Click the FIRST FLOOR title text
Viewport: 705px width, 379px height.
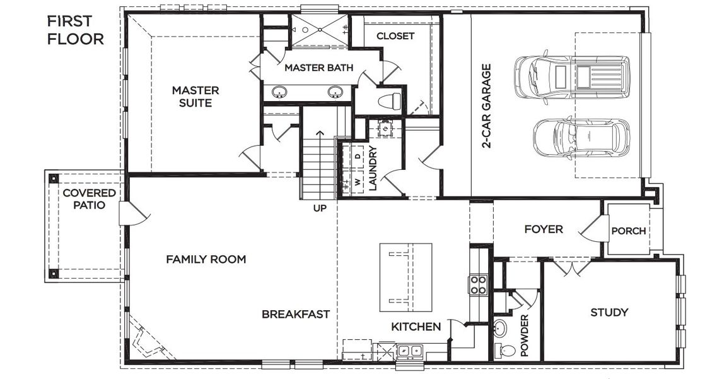pyautogui.click(x=75, y=30)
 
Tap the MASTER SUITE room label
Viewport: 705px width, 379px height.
pyautogui.click(x=195, y=97)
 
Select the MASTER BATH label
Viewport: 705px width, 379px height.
pyautogui.click(x=318, y=68)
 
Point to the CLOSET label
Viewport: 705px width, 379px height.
pyautogui.click(x=395, y=36)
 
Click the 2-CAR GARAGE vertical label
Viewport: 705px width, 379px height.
pyautogui.click(x=486, y=105)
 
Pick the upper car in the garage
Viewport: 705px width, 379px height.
pyautogui.click(x=571, y=77)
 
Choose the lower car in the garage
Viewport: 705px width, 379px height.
pyautogui.click(x=581, y=139)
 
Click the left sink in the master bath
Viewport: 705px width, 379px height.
pyautogui.click(x=278, y=93)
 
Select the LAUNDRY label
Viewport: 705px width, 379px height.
pyautogui.click(x=372, y=169)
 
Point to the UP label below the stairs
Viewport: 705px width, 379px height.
pyautogui.click(x=320, y=207)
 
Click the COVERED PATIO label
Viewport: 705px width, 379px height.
pyautogui.click(x=89, y=199)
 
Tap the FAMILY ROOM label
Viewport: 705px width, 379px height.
pyautogui.click(x=206, y=260)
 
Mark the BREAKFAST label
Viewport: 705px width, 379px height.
pyautogui.click(x=296, y=314)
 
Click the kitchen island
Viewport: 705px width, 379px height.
pyautogui.click(x=406, y=277)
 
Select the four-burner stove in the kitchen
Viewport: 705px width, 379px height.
pyautogui.click(x=478, y=284)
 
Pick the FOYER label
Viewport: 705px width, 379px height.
pyautogui.click(x=543, y=229)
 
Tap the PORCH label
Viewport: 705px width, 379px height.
pyautogui.click(x=628, y=231)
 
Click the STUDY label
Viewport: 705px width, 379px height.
pyautogui.click(x=609, y=312)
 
